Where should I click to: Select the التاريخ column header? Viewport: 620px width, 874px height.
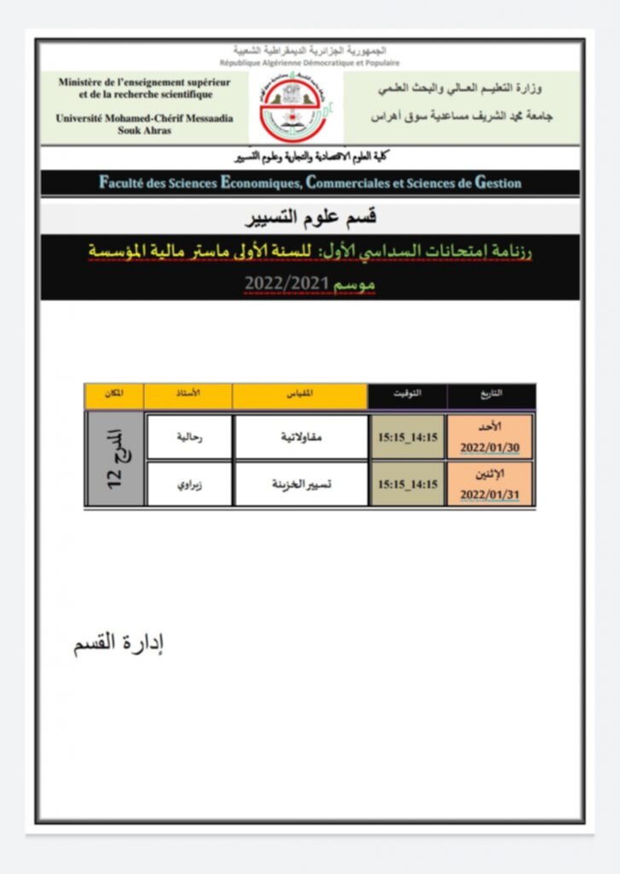tap(492, 395)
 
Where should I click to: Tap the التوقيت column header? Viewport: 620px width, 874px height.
tap(407, 395)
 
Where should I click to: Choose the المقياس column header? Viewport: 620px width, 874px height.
tap(300, 395)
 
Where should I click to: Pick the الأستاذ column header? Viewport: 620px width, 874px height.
tap(188, 395)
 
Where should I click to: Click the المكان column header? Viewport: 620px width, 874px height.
tap(113, 395)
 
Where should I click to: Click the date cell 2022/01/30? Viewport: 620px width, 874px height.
tap(490, 438)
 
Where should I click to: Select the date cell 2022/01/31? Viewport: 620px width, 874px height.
tap(490, 484)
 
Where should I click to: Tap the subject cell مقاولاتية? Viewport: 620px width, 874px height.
tap(300, 437)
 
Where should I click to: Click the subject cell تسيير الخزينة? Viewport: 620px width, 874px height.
tap(300, 484)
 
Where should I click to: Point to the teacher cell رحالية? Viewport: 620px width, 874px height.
tap(188, 437)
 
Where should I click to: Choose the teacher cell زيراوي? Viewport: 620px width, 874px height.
tap(188, 484)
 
